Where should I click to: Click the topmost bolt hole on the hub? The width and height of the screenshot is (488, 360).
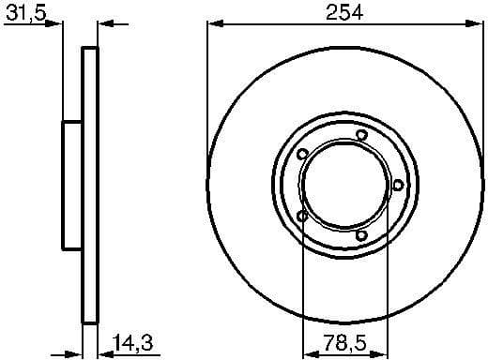[360, 137]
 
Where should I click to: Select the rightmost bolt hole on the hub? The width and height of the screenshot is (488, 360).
[398, 185]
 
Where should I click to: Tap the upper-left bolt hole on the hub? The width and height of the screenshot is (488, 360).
[302, 156]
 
